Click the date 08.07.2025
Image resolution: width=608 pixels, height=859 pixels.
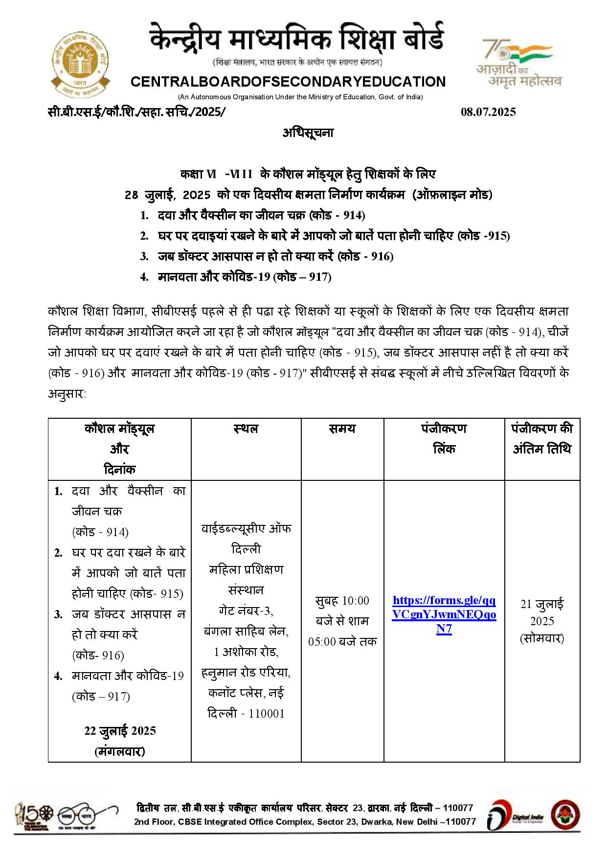click(x=488, y=112)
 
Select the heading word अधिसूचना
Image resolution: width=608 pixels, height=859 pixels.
click(x=308, y=133)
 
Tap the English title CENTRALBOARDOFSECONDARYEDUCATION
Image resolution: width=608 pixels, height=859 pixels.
click(x=288, y=82)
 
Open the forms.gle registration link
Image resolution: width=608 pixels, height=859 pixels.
click(x=444, y=614)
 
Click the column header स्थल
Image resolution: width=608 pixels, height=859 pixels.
click(x=246, y=429)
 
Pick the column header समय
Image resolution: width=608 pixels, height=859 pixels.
click(x=342, y=429)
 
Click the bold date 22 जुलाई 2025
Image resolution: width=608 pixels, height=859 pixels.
click(x=120, y=731)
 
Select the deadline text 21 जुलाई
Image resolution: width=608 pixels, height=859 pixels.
click(x=542, y=604)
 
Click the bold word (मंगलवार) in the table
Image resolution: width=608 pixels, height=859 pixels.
click(x=120, y=751)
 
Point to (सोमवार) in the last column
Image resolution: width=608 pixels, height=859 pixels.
click(x=542, y=638)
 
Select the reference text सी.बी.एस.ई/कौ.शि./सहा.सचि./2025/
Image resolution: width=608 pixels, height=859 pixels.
click(x=137, y=112)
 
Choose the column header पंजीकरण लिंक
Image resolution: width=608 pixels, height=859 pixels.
click(x=444, y=439)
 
